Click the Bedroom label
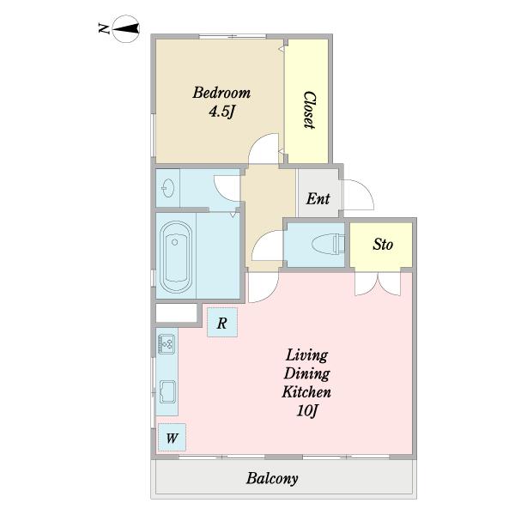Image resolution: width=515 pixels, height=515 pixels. [221, 93]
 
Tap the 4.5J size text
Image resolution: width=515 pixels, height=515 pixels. [222, 112]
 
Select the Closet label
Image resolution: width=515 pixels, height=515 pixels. [309, 110]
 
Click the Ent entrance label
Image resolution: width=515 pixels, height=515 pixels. [318, 199]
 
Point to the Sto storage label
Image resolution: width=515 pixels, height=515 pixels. [383, 245]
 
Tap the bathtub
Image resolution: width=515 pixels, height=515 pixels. [176, 257]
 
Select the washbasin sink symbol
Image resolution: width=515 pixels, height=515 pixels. [167, 188]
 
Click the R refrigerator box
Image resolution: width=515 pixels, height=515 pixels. [222, 322]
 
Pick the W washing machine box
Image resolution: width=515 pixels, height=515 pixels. [173, 438]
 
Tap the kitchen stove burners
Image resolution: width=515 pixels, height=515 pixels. [167, 344]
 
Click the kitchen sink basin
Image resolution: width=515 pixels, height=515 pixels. [167, 392]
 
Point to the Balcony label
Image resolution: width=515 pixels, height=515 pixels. [272, 478]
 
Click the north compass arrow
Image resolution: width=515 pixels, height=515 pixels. [126, 28]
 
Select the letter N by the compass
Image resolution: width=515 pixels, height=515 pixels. [104, 29]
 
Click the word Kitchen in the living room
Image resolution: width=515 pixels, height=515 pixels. [306, 391]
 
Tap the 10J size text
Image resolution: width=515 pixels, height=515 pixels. [307, 410]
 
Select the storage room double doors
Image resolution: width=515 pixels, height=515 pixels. [378, 284]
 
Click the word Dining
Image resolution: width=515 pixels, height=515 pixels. [306, 373]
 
